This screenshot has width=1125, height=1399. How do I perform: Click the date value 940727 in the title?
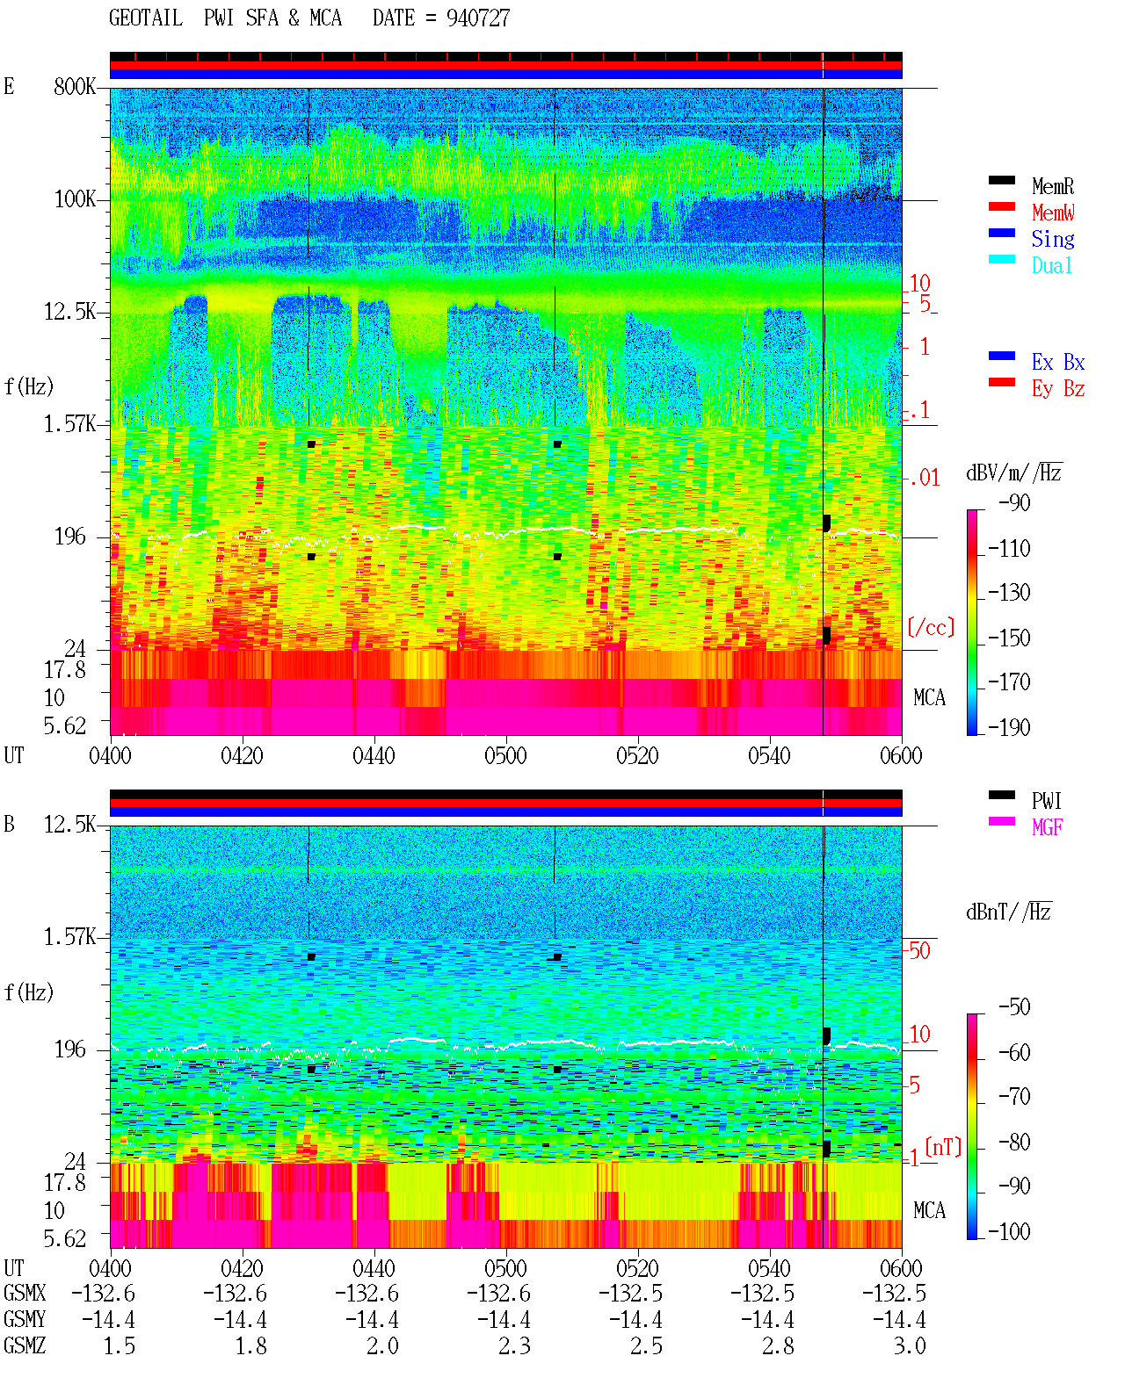(477, 18)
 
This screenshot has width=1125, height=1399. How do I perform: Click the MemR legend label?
(1052, 186)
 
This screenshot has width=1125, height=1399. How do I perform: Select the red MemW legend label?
(1053, 213)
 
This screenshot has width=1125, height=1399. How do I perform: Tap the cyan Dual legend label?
(1051, 265)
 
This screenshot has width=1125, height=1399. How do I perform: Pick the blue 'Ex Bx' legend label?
(1057, 362)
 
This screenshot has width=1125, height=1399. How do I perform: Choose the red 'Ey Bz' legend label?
(1057, 389)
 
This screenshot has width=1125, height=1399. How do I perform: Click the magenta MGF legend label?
(1047, 827)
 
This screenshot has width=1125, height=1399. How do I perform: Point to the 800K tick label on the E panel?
(74, 86)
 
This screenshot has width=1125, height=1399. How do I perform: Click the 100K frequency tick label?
(74, 199)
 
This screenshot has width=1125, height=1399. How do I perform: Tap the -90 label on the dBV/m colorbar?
(1014, 502)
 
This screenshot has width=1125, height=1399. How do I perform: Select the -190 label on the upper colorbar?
(1009, 727)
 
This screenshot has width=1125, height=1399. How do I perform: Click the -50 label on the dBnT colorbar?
(1014, 1007)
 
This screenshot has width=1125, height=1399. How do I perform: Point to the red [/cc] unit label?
(931, 627)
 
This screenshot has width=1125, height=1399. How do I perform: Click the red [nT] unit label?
(943, 1148)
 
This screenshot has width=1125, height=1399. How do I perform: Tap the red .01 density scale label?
(923, 479)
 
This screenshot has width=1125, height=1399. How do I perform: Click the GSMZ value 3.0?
(909, 1345)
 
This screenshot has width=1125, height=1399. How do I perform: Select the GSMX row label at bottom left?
(25, 1293)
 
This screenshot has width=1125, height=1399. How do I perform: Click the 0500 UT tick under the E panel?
(505, 755)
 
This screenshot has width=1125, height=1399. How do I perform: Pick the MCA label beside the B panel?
(929, 1210)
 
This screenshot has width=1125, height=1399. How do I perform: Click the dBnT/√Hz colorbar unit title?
(1009, 912)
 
